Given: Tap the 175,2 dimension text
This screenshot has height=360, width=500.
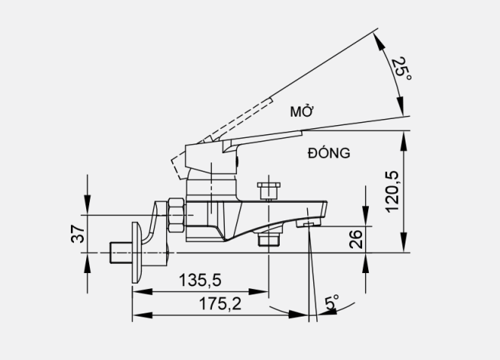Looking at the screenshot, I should coord(220,304).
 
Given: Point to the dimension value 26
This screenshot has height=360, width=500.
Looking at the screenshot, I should coord(356,239).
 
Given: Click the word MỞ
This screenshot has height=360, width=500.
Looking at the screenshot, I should coord(303,112).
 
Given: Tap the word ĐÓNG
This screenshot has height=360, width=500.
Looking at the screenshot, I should coord(329,153).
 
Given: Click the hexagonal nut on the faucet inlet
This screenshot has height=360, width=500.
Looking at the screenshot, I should coord(176,215).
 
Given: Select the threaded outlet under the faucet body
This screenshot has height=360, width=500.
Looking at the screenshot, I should coord(268,240).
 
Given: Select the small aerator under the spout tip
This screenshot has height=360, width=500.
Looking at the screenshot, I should coord(309,224).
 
